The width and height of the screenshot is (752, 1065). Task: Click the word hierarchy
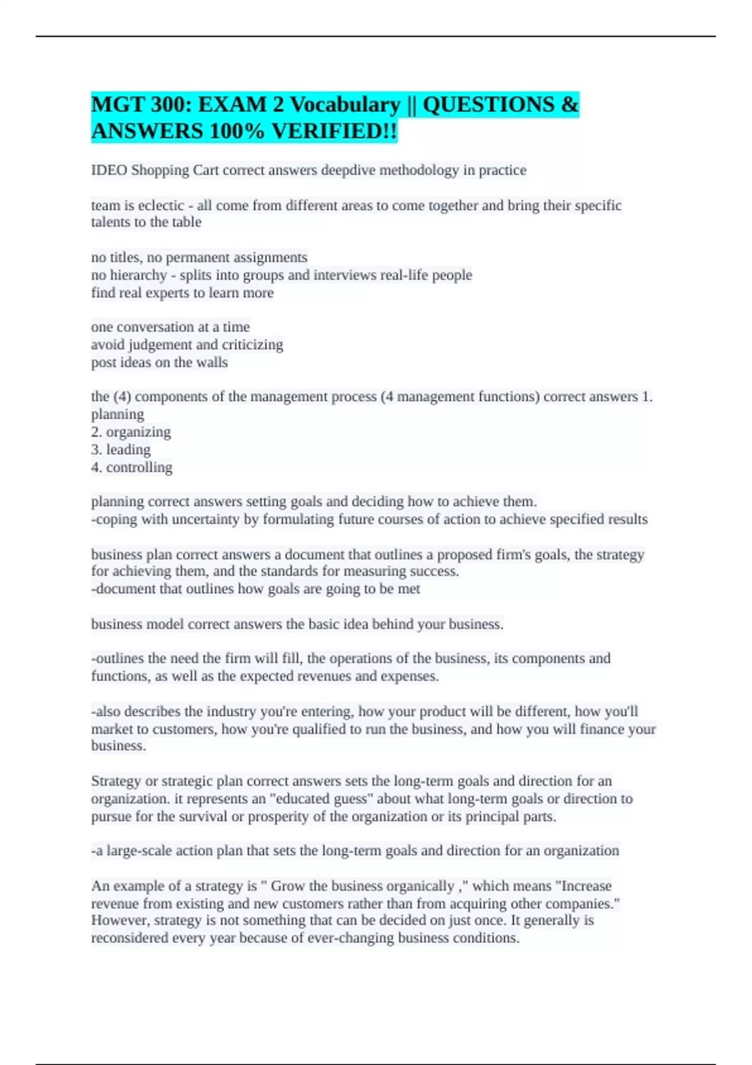tap(138, 275)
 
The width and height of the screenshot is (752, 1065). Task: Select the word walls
tap(212, 362)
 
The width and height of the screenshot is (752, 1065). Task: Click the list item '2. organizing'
tap(131, 432)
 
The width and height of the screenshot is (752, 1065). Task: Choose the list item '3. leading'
tap(121, 450)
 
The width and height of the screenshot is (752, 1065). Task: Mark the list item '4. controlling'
tap(132, 467)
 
